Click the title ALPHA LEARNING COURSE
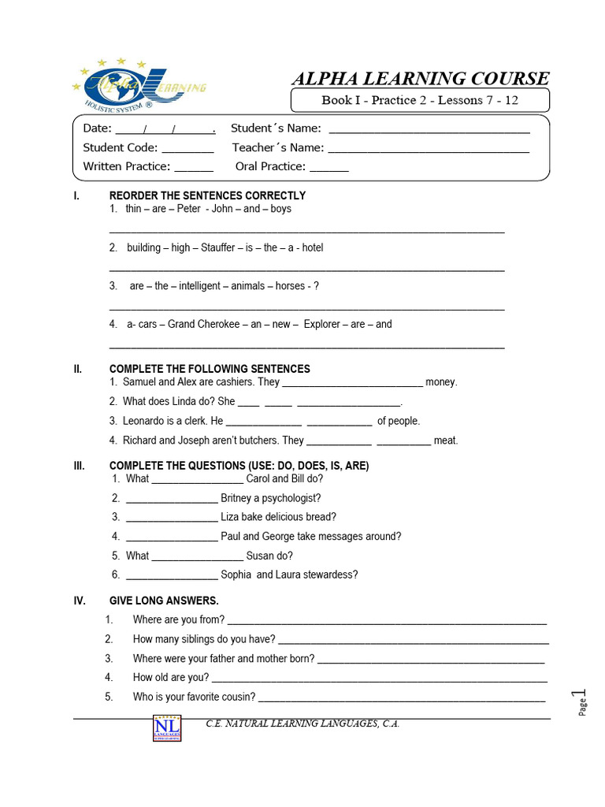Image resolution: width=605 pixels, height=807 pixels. point(420,78)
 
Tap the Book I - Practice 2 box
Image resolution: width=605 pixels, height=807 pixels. point(420,100)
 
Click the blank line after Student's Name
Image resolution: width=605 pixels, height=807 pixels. point(429,129)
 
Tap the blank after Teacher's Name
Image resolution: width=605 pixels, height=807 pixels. point(429,148)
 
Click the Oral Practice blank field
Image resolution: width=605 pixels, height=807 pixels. point(328,167)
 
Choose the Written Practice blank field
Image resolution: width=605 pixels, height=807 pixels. point(193,167)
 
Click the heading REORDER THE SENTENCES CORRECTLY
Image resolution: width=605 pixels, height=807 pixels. point(207,195)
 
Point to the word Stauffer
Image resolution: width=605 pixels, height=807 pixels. point(217,247)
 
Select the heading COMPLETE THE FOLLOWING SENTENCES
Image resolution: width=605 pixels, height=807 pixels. point(210,369)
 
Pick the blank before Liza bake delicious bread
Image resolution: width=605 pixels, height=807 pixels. point(171,518)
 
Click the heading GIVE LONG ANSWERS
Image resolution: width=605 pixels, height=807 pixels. point(164,601)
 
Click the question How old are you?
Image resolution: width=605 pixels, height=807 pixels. point(171,677)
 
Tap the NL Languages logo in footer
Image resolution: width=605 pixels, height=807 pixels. point(167,727)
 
